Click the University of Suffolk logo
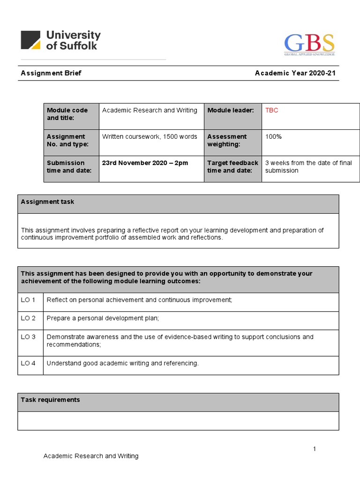tap(60, 40)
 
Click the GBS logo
tap(309, 45)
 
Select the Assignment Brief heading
tap(51, 73)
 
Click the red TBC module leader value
tap(272, 110)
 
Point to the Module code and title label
tap(67, 114)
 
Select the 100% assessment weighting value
tap(273, 136)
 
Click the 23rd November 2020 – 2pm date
tap(145, 163)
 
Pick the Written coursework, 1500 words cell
tap(150, 136)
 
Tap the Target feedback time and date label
tap(232, 166)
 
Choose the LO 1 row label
tap(28, 300)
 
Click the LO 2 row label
tap(28, 318)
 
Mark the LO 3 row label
tap(28, 337)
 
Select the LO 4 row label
tap(28, 363)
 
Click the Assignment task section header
tap(47, 202)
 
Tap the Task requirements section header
tap(50, 400)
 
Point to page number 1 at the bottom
tap(315, 449)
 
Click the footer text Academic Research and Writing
tap(91, 456)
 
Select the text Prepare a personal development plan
tap(103, 318)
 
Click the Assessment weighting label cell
tap(227, 140)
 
